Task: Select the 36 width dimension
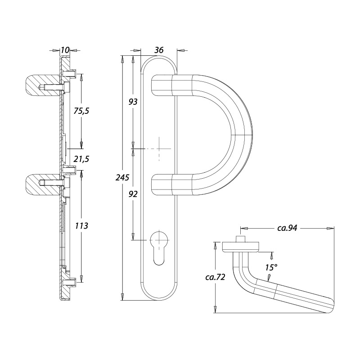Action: point(158,50)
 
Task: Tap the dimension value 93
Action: point(133,102)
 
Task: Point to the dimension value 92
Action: point(133,194)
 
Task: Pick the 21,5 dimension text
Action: point(81,159)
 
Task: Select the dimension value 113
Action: point(81,225)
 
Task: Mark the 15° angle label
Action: point(271,267)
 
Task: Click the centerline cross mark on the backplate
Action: point(159,148)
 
